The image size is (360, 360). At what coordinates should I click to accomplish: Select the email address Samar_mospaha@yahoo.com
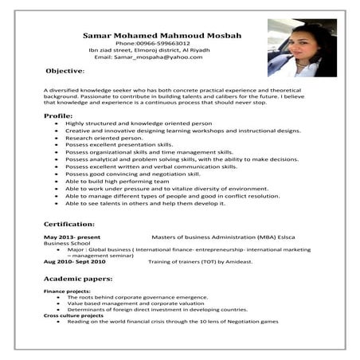click(143, 57)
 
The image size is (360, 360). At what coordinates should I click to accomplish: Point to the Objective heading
click(65, 72)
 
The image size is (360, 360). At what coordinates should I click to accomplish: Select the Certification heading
click(69, 225)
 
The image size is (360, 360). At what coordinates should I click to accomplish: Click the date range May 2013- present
click(72, 237)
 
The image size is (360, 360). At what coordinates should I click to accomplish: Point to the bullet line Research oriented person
click(104, 138)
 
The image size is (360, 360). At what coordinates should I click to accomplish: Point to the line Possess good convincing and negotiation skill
click(131, 173)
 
